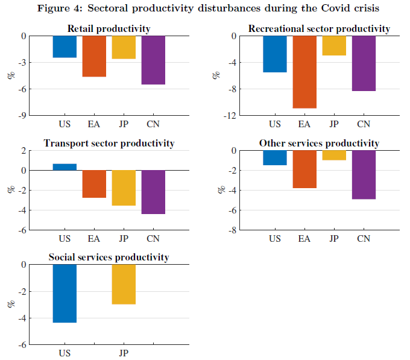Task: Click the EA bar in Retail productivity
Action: (x=94, y=56)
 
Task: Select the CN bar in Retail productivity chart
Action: (x=153, y=60)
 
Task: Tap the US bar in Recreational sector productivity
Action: (x=275, y=54)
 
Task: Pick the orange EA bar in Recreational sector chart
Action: (x=304, y=72)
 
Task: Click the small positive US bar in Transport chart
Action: (x=65, y=167)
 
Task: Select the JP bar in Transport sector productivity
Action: (x=124, y=188)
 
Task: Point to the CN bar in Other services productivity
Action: (x=364, y=174)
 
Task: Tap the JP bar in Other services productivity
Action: (x=334, y=155)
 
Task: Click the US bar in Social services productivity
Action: (x=65, y=293)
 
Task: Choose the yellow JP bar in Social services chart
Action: (x=124, y=284)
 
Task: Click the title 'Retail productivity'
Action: (x=109, y=28)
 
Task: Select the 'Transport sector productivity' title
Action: (x=109, y=143)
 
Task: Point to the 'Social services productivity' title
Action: (x=109, y=257)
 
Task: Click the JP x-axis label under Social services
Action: (x=124, y=353)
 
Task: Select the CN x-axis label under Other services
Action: (x=364, y=239)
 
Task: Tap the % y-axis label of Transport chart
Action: (x=10, y=189)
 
